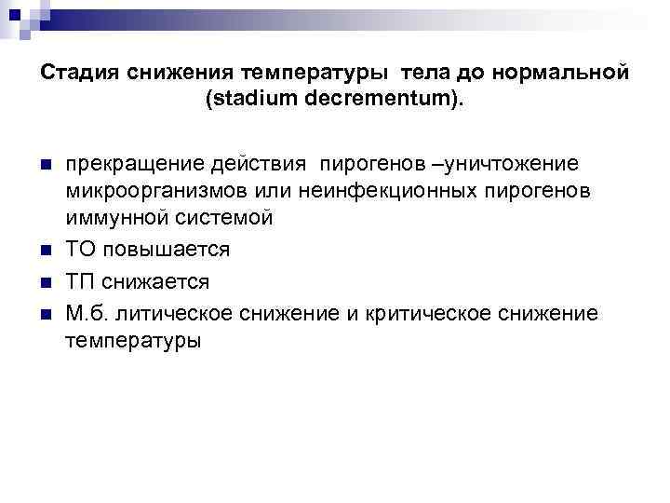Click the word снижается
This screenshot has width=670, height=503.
155,281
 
